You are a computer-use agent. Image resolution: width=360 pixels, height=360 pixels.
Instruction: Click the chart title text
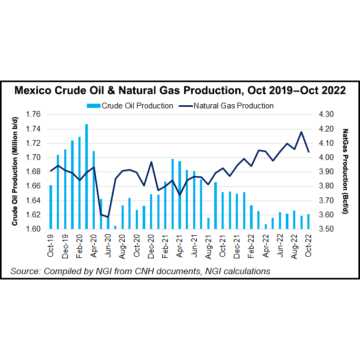pyautogui.click(x=179, y=91)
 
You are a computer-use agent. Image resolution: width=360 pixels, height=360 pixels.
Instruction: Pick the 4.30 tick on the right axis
pyautogui.click(x=327, y=114)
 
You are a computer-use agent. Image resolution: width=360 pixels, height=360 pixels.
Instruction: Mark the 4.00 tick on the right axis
pyautogui.click(x=327, y=157)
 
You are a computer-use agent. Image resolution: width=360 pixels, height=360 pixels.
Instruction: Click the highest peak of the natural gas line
pyautogui.click(x=301, y=132)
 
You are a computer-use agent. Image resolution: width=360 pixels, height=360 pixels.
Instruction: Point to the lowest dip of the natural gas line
pyautogui.click(x=108, y=217)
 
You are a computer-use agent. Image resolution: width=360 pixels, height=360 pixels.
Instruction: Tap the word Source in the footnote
pyautogui.click(x=25, y=271)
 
